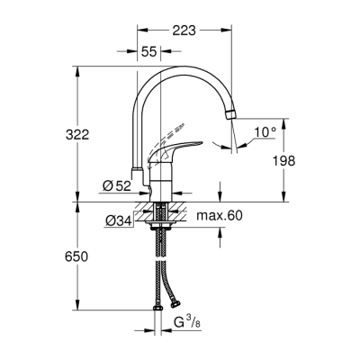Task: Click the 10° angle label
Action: (x=264, y=133)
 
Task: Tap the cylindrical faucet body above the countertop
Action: (x=160, y=184)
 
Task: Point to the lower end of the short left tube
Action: (x=136, y=170)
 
